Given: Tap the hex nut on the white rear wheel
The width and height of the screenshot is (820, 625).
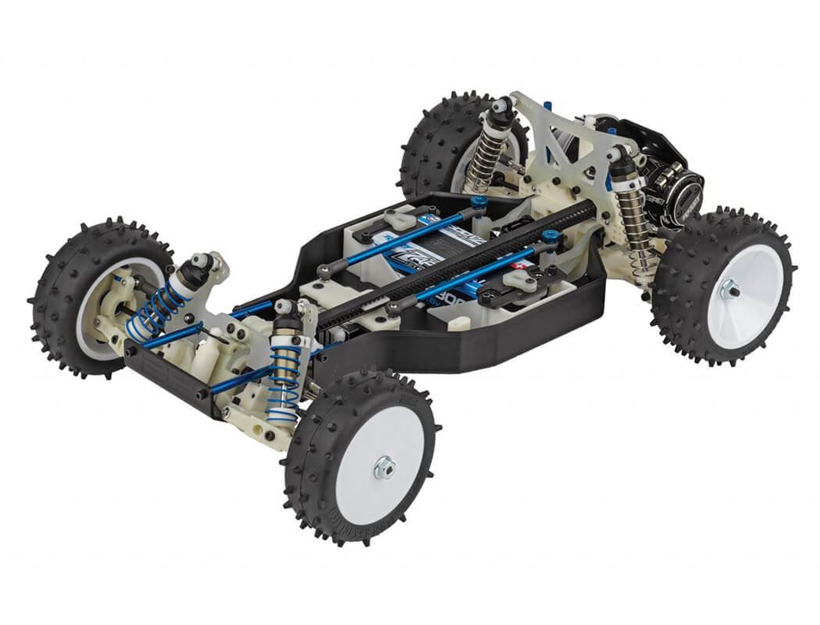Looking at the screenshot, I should tap(731, 289).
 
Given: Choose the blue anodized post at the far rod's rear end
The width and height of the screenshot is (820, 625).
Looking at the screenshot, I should tap(478, 201).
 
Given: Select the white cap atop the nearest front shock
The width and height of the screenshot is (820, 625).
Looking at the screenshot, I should tap(286, 306).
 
